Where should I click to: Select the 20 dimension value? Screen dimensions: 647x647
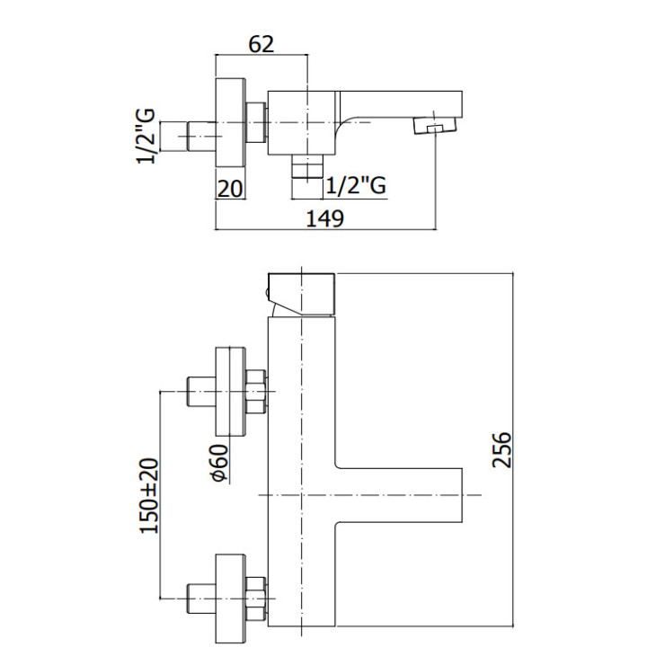click(230, 187)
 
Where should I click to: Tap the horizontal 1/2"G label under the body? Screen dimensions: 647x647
click(356, 185)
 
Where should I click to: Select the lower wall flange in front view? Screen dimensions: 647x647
click(230, 597)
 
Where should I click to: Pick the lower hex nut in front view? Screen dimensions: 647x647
click(257, 597)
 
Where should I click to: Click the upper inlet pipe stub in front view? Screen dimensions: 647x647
click(198, 392)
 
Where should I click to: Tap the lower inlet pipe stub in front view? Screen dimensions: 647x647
click(198, 597)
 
